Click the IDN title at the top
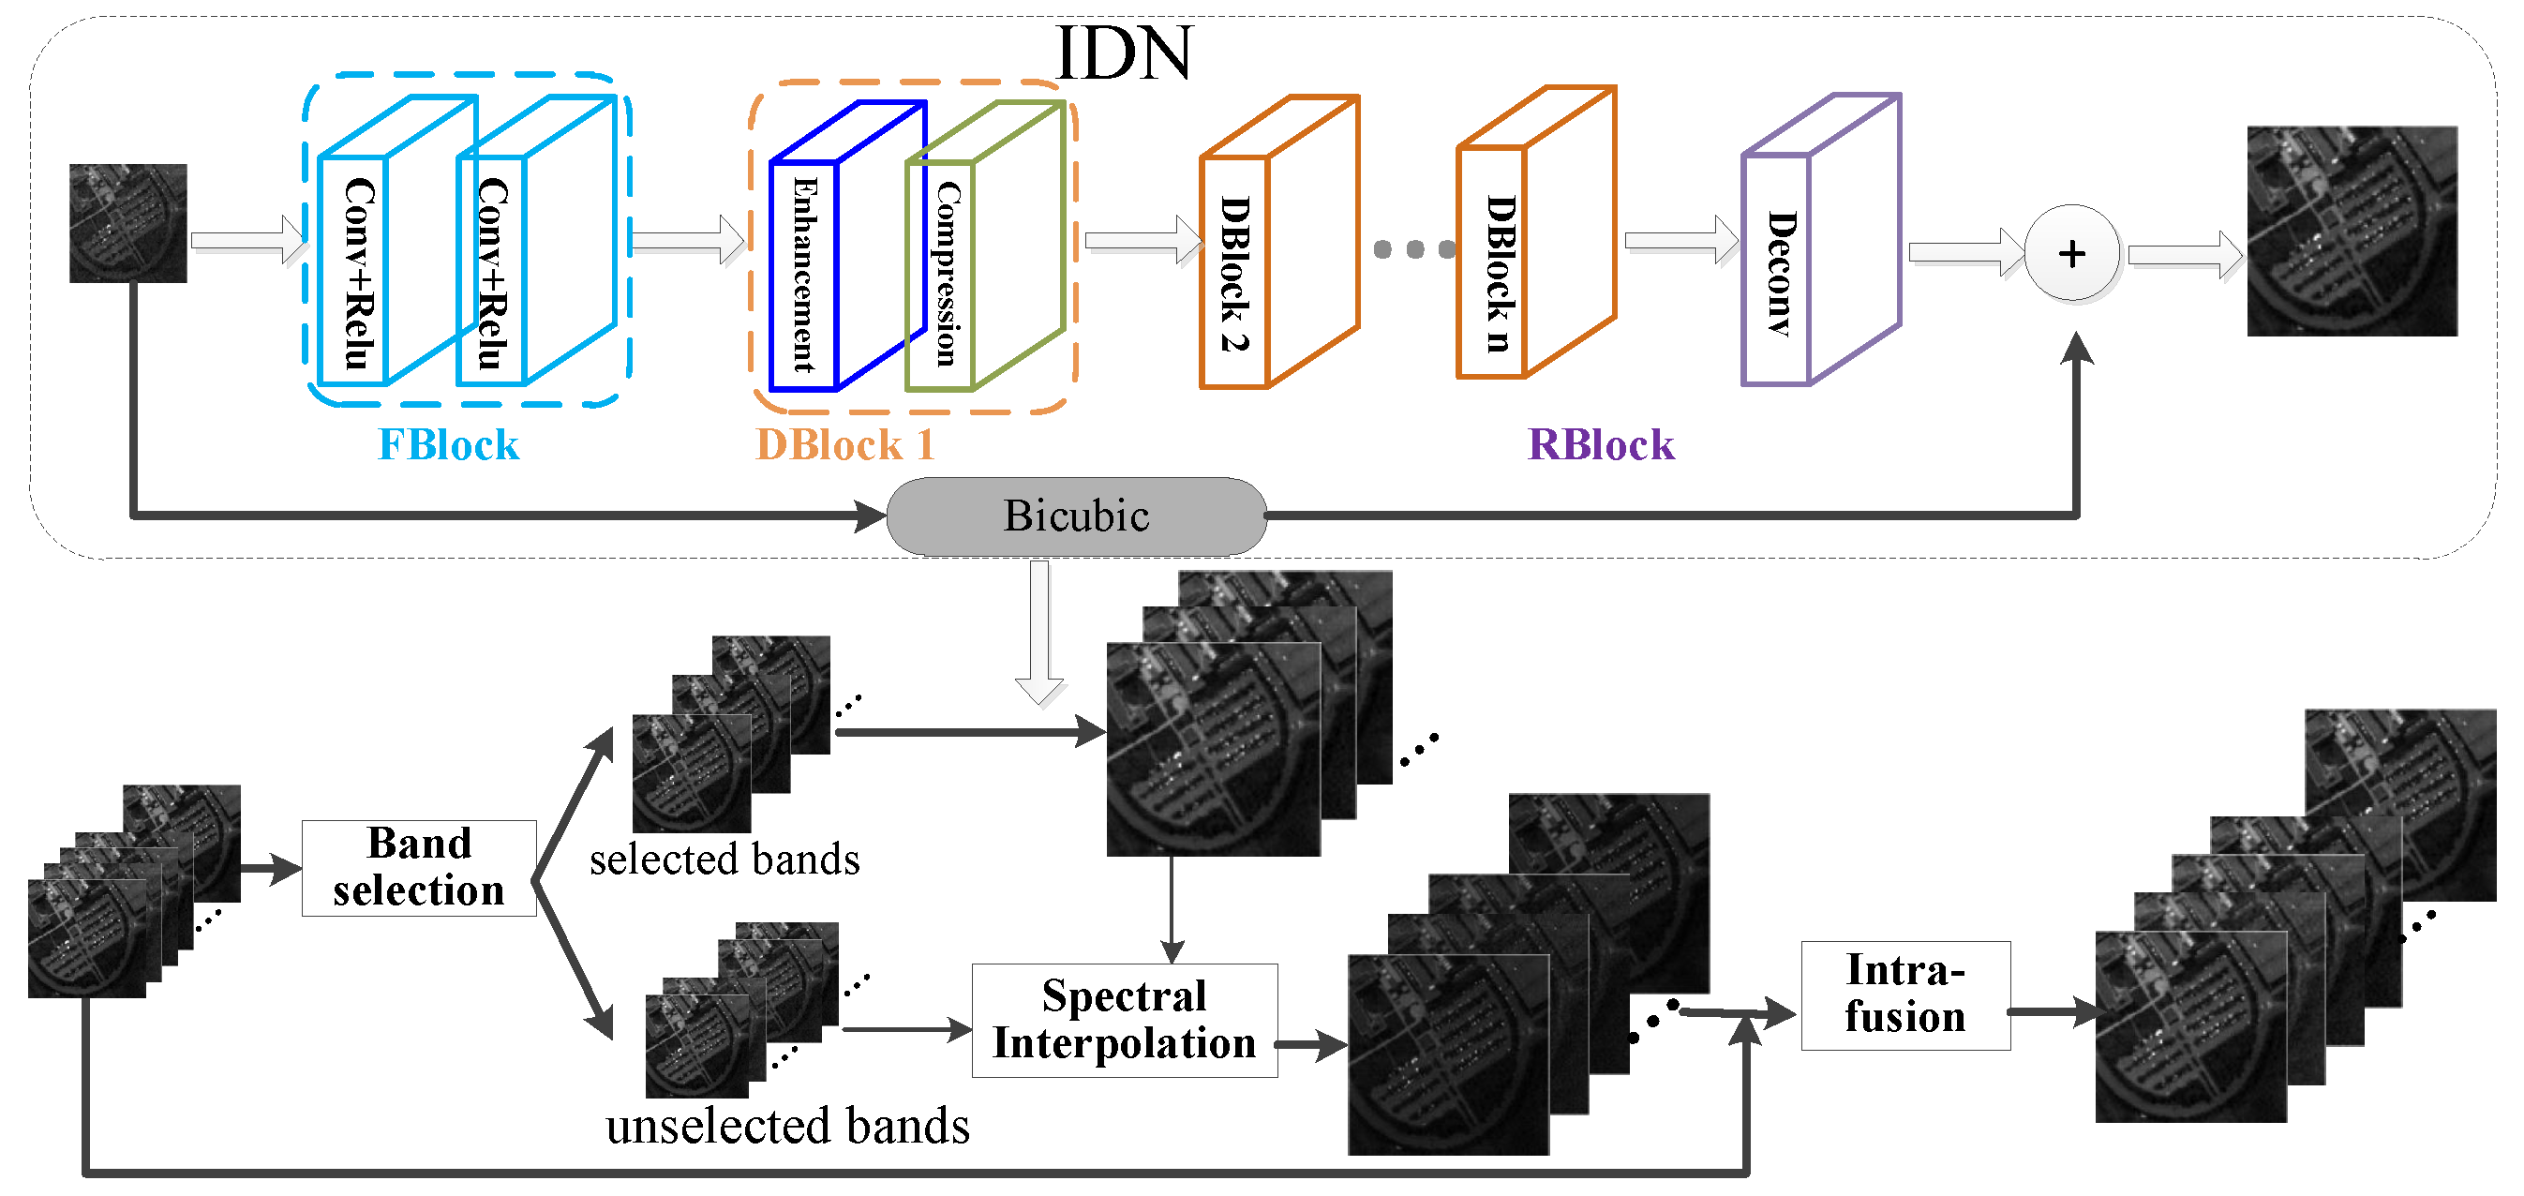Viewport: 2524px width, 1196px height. pyautogui.click(x=1124, y=52)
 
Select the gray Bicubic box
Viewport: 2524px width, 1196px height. pyautogui.click(x=1076, y=516)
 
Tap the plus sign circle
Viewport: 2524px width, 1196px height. pyautogui.click(x=2071, y=254)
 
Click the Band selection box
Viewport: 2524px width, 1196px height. pyautogui.click(x=418, y=868)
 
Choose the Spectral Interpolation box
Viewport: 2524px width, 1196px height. pyautogui.click(x=1124, y=1020)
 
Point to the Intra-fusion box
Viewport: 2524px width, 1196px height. pyautogui.click(x=1904, y=994)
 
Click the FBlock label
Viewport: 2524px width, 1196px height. pyautogui.click(x=448, y=445)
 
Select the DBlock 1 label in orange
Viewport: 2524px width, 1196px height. pyautogui.click(x=844, y=445)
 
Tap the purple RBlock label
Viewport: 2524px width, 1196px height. pyautogui.click(x=1600, y=445)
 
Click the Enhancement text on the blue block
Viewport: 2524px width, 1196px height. pyautogui.click(x=804, y=275)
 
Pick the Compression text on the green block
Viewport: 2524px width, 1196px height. pyautogui.click(x=945, y=275)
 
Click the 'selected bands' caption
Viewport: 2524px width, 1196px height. pyautogui.click(x=724, y=860)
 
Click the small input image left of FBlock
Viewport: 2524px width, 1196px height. pyautogui.click(x=127, y=223)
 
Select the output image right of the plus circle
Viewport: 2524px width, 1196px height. pyautogui.click(x=2352, y=232)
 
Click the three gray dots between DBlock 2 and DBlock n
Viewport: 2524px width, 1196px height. pyautogui.click(x=1414, y=249)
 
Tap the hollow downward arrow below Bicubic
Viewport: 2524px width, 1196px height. pyautogui.click(x=1039, y=633)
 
